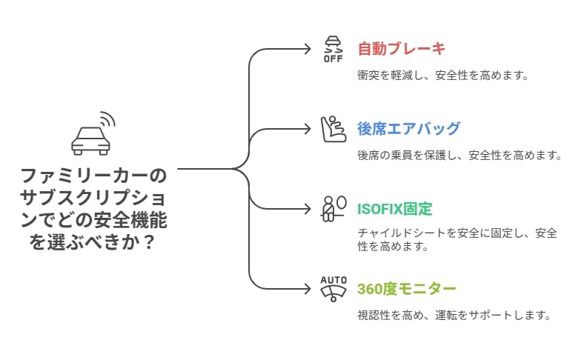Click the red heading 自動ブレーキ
[401, 49]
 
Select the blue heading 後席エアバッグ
[408, 129]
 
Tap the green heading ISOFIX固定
[394, 209]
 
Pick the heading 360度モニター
[407, 289]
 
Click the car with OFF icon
[334, 49]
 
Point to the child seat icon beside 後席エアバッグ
[334, 129]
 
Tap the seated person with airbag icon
[334, 209]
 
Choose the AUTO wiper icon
[334, 289]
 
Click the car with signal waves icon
[93, 133]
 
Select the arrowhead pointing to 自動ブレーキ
[308, 49]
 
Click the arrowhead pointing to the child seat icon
[308, 129]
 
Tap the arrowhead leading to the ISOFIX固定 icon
[308, 209]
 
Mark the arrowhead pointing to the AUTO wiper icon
[308, 289]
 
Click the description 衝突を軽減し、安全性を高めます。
[443, 76]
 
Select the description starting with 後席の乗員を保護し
[460, 156]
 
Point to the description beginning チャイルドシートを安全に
[457, 239]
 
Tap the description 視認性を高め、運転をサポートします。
[454, 315]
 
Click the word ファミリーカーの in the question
[93, 176]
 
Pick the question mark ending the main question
[149, 242]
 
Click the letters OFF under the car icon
[334, 59]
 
